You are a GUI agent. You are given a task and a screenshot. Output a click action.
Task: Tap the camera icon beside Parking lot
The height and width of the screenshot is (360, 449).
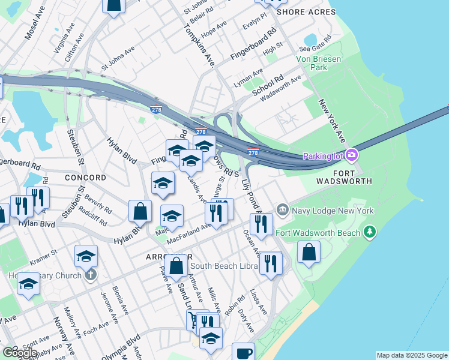[x=351, y=155]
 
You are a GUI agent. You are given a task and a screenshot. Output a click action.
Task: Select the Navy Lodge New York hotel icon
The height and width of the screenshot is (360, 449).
[x=283, y=209]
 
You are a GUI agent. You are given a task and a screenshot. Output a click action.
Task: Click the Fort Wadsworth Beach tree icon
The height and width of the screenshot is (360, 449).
[x=370, y=232]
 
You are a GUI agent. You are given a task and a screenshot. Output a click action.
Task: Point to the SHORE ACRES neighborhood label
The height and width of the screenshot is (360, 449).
[x=306, y=12]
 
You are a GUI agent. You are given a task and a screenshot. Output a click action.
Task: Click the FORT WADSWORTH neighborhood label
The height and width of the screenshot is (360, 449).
[x=344, y=181]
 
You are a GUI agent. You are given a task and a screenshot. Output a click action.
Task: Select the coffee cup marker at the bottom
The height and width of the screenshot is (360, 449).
[x=243, y=352]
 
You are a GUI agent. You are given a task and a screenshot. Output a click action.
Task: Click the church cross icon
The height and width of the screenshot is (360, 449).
[x=90, y=275]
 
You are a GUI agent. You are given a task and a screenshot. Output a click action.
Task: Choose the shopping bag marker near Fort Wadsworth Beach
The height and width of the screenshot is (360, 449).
[x=309, y=252]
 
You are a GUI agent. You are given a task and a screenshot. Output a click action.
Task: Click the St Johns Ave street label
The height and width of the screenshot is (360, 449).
[x=117, y=60]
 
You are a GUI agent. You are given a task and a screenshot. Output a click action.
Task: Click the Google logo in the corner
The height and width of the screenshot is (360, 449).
[x=19, y=353]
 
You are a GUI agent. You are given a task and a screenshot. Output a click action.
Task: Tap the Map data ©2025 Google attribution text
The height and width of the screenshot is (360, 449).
[x=411, y=355]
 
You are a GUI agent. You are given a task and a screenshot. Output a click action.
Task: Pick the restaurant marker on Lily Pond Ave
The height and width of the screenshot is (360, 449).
[x=261, y=224]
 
